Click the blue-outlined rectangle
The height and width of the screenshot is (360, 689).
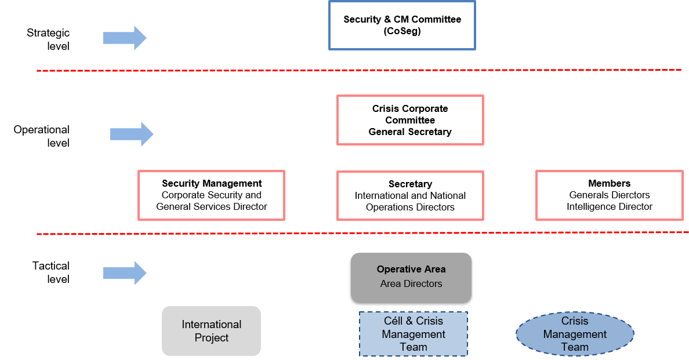click(x=402, y=26)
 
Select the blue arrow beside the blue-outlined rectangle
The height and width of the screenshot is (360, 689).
click(x=125, y=38)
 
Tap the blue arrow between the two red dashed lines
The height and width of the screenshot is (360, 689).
click(x=132, y=134)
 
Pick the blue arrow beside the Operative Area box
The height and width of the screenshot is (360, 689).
click(x=125, y=273)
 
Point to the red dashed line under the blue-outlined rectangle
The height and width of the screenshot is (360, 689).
click(x=348, y=70)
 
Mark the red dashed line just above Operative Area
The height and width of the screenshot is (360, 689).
click(x=348, y=233)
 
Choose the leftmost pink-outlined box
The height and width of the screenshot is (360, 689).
click(x=211, y=195)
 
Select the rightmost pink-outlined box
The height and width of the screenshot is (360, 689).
click(x=609, y=195)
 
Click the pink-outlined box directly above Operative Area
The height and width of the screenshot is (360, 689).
click(x=410, y=195)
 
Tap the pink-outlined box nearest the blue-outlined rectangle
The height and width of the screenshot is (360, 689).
click(x=410, y=120)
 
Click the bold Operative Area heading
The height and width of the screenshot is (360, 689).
click(x=411, y=269)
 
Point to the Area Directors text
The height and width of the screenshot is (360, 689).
click(x=411, y=283)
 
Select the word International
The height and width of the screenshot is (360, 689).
click(x=211, y=325)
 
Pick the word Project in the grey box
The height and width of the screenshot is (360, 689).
click(x=211, y=338)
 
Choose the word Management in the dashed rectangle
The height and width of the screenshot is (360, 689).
click(x=414, y=334)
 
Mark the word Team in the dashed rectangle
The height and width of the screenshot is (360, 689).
click(x=414, y=347)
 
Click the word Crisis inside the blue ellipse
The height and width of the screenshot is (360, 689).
click(x=575, y=321)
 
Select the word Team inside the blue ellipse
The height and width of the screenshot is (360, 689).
click(x=575, y=347)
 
